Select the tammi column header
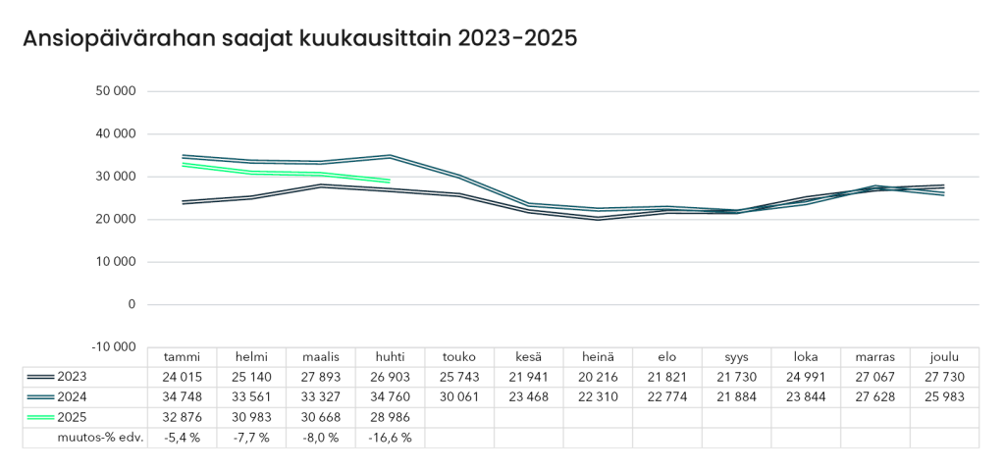(182, 357)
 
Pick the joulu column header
(944, 357)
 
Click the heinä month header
(598, 357)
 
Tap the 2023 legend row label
(73, 377)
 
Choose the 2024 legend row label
(73, 397)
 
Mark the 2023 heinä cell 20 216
(598, 377)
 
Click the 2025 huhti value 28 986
(390, 417)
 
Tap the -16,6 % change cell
(390, 438)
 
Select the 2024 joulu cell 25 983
(944, 397)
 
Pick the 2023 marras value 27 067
(875, 377)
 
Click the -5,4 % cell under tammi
(182, 438)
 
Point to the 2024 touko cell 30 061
(459, 397)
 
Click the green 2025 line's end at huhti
(390, 181)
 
